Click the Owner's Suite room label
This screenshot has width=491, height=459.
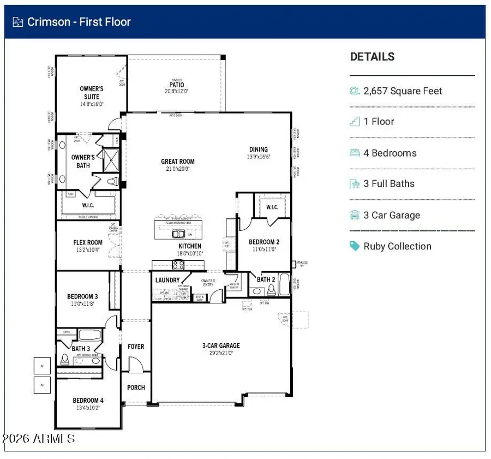pyautogui.click(x=91, y=92)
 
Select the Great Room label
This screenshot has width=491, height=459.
pyautogui.click(x=177, y=162)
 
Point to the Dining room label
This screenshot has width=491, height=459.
pyautogui.click(x=259, y=150)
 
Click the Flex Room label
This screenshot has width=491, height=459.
pyautogui.click(x=88, y=243)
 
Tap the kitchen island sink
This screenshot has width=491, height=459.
pyautogui.click(x=178, y=234)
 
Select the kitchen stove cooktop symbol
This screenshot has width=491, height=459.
pyautogui.click(x=178, y=265)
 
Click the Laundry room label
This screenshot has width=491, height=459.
pyautogui.click(x=167, y=280)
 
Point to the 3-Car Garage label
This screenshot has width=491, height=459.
pyautogui.click(x=221, y=345)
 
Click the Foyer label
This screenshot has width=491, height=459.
pyautogui.click(x=136, y=347)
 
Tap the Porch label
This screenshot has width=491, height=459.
pyautogui.click(x=136, y=388)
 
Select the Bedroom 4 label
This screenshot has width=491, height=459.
pyautogui.click(x=88, y=401)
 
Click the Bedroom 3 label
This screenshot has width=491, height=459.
pyautogui.click(x=82, y=296)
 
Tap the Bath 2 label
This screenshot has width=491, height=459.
pyautogui.click(x=266, y=279)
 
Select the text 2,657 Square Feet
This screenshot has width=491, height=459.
pyautogui.click(x=403, y=91)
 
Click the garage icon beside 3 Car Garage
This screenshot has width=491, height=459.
pyautogui.click(x=355, y=215)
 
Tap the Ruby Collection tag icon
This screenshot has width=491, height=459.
pyautogui.click(x=355, y=246)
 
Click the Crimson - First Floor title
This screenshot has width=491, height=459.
pyautogui.click(x=79, y=22)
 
